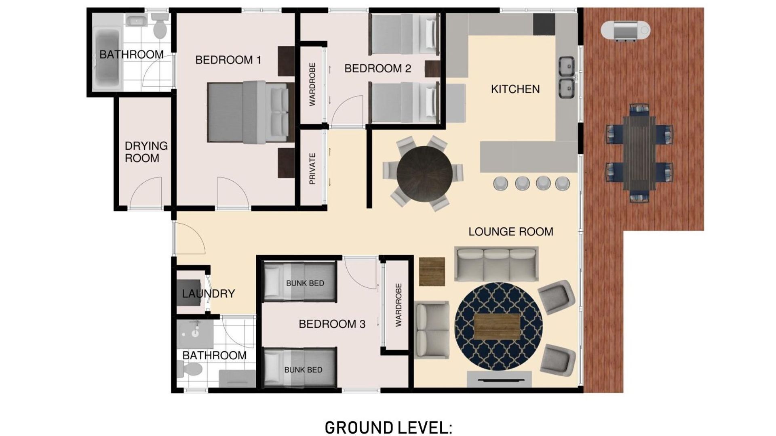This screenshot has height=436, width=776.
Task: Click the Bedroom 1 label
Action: pyautogui.click(x=228, y=60)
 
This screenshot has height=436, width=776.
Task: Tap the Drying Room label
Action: pyautogui.click(x=146, y=152)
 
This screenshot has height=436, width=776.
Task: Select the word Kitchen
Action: pyautogui.click(x=515, y=89)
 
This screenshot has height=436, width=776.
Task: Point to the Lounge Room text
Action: pyautogui.click(x=511, y=232)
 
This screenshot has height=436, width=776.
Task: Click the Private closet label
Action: pyautogui.click(x=312, y=169)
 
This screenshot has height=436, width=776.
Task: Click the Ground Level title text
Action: pyautogui.click(x=388, y=428)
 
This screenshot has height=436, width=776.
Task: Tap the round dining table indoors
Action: pyautogui.click(x=424, y=174)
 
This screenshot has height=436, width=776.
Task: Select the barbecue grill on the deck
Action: pyautogui.click(x=625, y=30)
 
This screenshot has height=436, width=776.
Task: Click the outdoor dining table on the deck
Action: pyautogui.click(x=639, y=153)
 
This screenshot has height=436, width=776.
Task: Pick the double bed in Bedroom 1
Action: pyautogui.click(x=251, y=112)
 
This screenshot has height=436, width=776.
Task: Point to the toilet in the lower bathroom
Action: pyautogui.click(x=190, y=369)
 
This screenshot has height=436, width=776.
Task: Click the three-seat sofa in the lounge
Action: pyautogui.click(x=496, y=264)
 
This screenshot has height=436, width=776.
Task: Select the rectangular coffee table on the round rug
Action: pyautogui.click(x=497, y=327)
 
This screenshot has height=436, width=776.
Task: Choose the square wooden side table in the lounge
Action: pyautogui.click(x=432, y=271)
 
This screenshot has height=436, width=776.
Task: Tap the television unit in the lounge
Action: pyautogui.click(x=499, y=379)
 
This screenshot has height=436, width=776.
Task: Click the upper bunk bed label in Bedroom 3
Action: pyautogui.click(x=305, y=283)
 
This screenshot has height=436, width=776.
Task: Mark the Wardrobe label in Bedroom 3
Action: pyautogui.click(x=399, y=305)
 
